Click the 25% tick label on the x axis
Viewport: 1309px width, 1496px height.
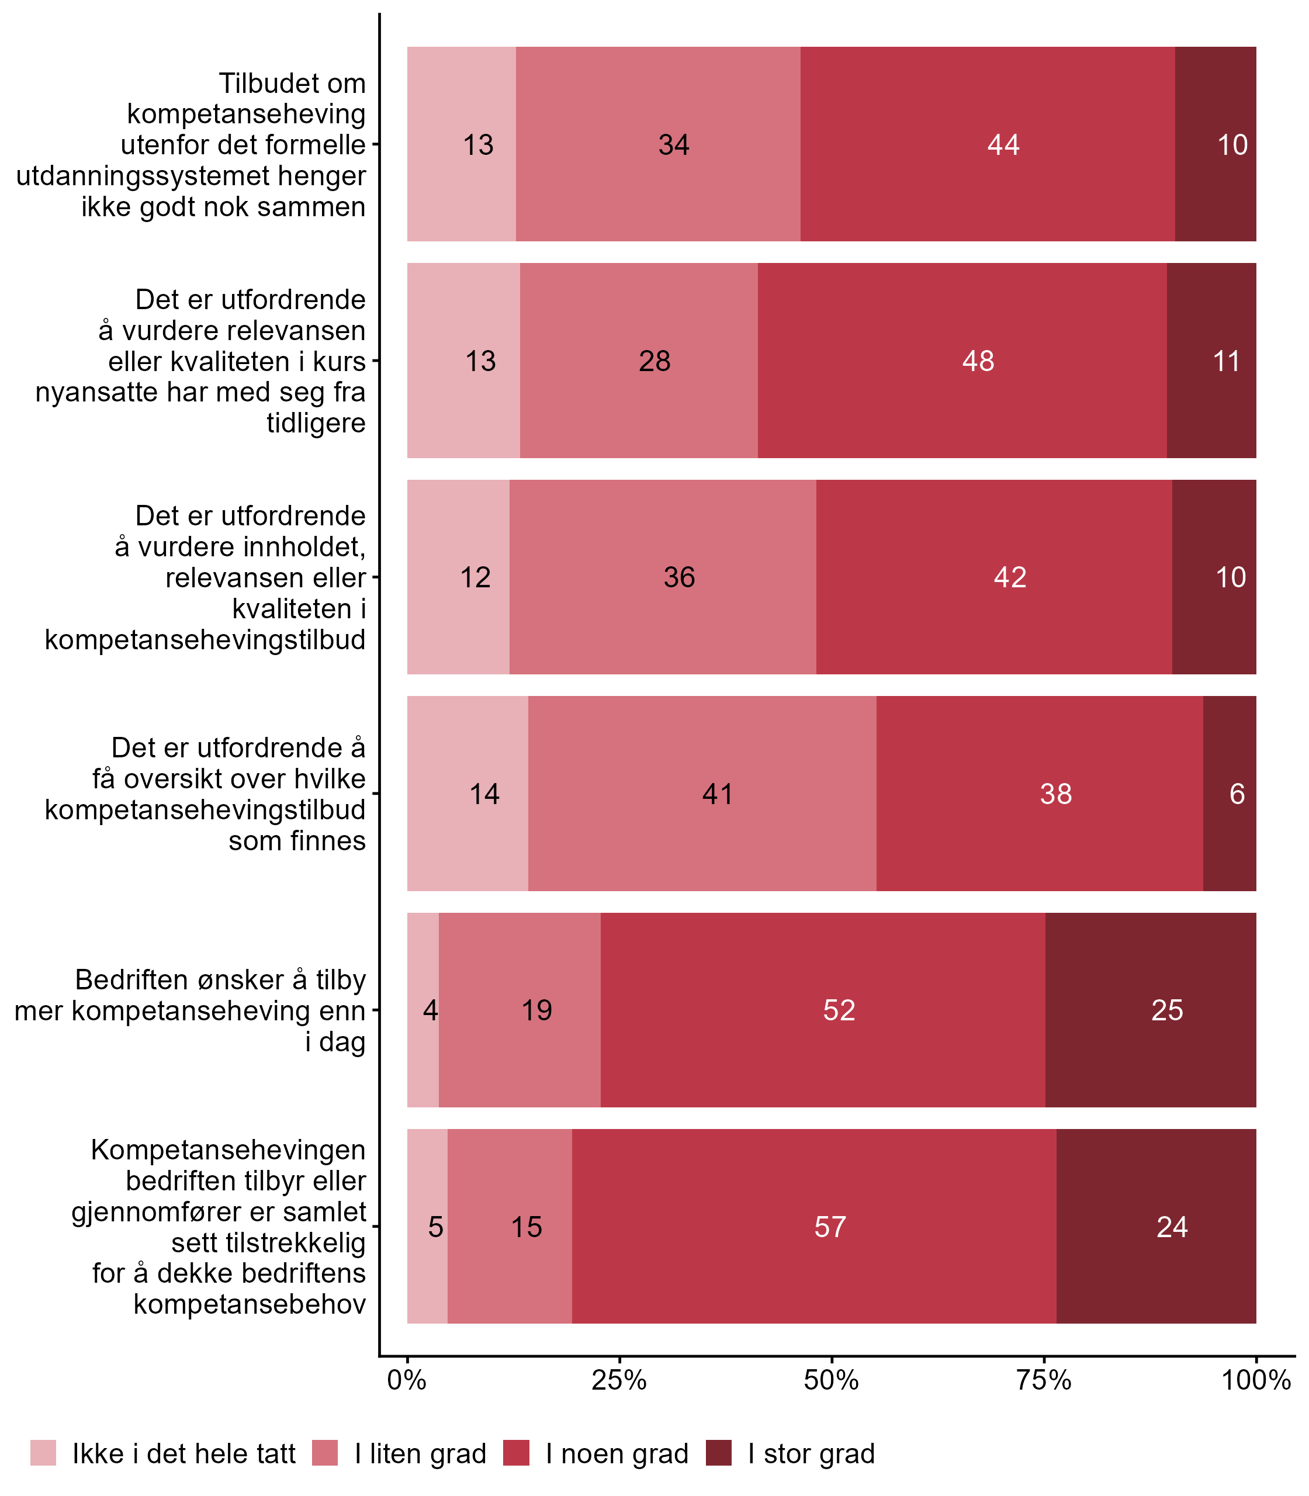(619, 1380)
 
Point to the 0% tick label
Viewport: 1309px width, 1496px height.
(407, 1380)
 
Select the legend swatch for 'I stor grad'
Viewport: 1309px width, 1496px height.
(718, 1453)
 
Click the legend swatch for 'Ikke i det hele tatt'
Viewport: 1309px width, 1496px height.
(43, 1453)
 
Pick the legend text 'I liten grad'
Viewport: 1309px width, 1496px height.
(420, 1454)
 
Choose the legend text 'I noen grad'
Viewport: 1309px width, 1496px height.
(617, 1454)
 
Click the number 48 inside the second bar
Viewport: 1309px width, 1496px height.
(978, 362)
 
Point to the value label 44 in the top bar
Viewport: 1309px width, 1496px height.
(1003, 145)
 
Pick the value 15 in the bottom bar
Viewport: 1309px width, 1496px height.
(526, 1227)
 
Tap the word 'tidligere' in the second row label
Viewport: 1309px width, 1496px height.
(316, 423)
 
